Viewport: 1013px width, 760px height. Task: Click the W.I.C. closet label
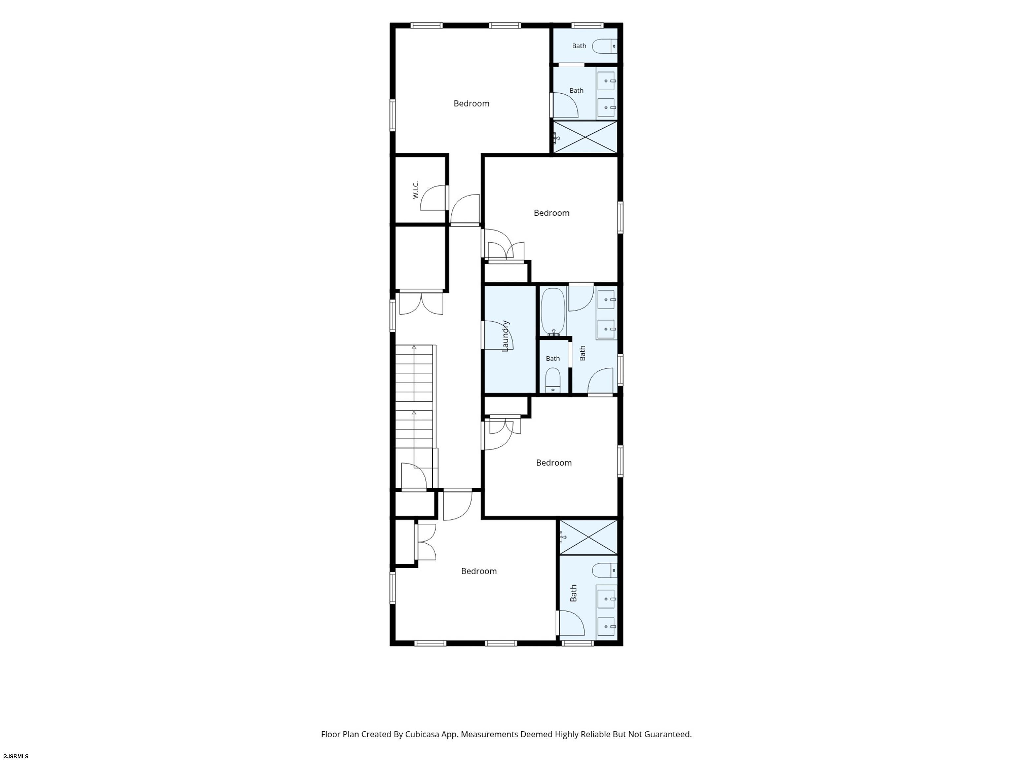415,190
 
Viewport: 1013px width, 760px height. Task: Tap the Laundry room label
506,336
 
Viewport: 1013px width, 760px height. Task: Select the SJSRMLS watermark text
16,756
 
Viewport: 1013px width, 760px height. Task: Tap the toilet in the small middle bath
553,380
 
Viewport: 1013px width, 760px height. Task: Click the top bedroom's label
471,104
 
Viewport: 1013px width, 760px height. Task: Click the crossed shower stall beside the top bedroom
585,137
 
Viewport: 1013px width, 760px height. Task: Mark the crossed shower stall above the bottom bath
588,537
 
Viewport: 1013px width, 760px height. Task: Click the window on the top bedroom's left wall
392,115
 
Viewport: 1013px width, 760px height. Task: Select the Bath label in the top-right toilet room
579,46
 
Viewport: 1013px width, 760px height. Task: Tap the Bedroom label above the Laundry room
551,213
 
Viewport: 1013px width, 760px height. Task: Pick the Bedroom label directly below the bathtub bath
554,463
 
